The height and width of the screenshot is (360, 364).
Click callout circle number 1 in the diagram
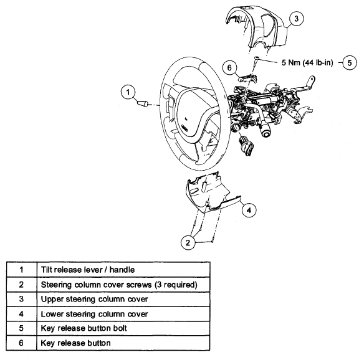click(128, 92)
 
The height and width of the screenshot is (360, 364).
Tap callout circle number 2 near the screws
click(188, 242)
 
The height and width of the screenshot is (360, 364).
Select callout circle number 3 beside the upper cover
click(296, 18)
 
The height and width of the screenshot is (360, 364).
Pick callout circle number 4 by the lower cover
click(249, 210)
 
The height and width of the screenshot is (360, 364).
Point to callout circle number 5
click(350, 62)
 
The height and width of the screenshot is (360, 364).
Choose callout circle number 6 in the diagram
click(229, 67)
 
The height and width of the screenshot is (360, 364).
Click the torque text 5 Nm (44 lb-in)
click(307, 63)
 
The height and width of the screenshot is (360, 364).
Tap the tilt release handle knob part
click(143, 103)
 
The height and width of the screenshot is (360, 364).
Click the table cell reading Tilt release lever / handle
click(123, 270)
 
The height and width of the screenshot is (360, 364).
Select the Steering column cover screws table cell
click(123, 285)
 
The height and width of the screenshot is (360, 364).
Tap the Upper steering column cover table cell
click(123, 299)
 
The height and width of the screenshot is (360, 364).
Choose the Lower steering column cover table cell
click(123, 314)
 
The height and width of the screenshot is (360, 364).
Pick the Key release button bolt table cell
click(123, 328)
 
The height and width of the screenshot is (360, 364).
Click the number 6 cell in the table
click(21, 343)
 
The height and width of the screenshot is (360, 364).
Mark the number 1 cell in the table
click(21, 270)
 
